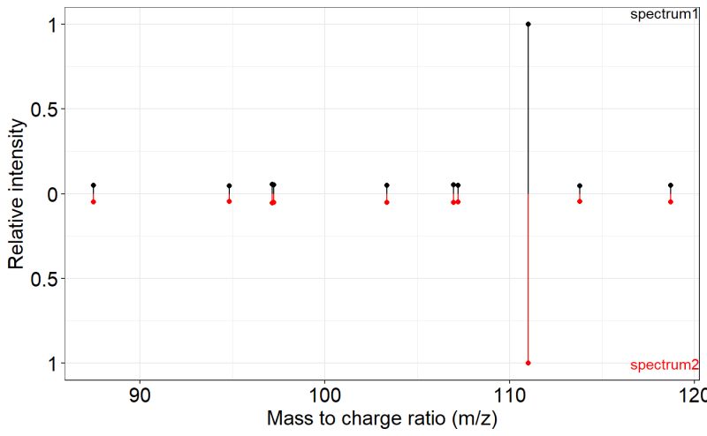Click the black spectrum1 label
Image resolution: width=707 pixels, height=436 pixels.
pos(665,14)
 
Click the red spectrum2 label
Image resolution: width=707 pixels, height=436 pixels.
pos(665,365)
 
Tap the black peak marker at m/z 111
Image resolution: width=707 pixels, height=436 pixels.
pos(528,24)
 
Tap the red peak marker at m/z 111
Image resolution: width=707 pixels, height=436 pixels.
pos(528,363)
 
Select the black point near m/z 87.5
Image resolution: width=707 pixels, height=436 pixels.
pos(93,185)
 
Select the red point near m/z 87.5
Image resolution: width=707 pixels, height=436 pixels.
pos(93,202)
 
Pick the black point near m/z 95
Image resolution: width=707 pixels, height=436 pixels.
pos(229,186)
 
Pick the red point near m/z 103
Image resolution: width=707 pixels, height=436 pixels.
pos(387,202)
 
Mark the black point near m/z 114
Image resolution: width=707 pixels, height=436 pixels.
pos(580,186)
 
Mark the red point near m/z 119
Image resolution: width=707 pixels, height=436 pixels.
pos(671,202)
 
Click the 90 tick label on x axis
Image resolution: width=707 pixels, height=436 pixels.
pos(140,394)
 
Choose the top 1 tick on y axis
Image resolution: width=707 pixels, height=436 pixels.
pos(52,25)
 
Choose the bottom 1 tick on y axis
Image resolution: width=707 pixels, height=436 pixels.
pos(52,364)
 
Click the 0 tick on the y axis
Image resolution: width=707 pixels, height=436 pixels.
pos(52,194)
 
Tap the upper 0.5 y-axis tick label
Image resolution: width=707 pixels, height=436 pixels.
pos(42,109)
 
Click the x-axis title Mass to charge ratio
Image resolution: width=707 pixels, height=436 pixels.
pos(382,419)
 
